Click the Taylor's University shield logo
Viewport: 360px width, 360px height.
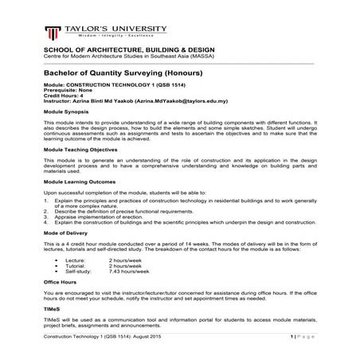(x=53, y=33)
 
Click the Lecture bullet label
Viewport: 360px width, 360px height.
(x=75, y=260)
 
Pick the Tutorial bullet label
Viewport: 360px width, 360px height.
(x=76, y=265)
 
